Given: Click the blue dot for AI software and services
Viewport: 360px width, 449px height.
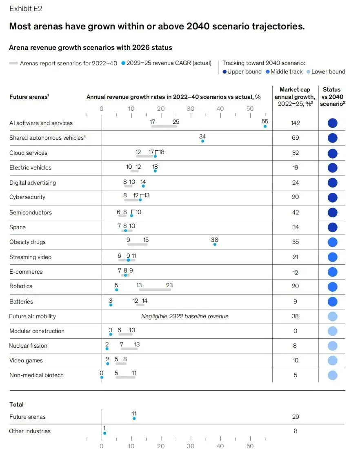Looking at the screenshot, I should pos(265,127).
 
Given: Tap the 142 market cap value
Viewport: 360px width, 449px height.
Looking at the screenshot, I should pos(295,123).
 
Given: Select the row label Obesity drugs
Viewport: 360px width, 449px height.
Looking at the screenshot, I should pos(27,242).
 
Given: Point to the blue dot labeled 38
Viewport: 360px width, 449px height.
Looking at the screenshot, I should pos(215,245).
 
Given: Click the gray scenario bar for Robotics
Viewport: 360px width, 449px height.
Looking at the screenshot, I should pos(155,290).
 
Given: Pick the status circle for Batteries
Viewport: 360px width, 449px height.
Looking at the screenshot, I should pos(333,302).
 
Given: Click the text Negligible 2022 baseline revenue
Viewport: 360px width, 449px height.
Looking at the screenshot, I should pos(185,316).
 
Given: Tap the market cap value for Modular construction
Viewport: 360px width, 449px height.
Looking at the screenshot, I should pos(295,331).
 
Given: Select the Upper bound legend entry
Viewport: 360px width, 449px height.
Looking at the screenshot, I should pos(242,71).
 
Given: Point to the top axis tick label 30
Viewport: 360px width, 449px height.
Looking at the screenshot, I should pos(191,109).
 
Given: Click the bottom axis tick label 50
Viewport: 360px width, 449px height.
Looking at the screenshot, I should pos(250,446).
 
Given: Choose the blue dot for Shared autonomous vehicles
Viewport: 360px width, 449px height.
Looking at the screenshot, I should pos(202,141).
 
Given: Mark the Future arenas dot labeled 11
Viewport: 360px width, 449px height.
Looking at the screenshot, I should pos(134,418).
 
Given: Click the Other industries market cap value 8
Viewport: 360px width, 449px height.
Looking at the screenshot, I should pos(295,431).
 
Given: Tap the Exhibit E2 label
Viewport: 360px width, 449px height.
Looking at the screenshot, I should pos(26,8).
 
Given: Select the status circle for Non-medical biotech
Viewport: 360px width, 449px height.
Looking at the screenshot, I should pos(333,375).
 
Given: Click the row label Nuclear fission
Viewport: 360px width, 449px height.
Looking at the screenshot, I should pos(28,346).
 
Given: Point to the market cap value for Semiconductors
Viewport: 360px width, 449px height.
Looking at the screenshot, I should pos(295,212).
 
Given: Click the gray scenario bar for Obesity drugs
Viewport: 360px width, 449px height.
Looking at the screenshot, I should pos(138,244).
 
